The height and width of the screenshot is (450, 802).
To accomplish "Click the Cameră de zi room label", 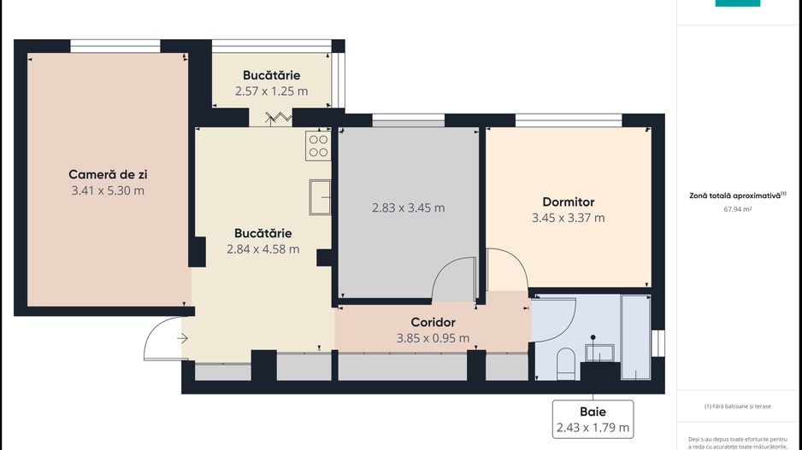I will pyautogui.click(x=108, y=174).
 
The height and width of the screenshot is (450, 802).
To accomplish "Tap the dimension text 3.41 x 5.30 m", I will pyautogui.click(x=108, y=190).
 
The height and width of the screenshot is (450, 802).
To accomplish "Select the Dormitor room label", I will pyautogui.click(x=568, y=202).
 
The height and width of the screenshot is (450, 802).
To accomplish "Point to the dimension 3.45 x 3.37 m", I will pyautogui.click(x=568, y=218).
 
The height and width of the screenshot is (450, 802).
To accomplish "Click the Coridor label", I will pyautogui.click(x=433, y=322).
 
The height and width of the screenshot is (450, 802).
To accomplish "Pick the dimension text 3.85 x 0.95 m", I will pyautogui.click(x=433, y=337).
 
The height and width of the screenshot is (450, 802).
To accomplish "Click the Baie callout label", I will pyautogui.click(x=593, y=412).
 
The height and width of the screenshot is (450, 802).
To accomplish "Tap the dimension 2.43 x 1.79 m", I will pyautogui.click(x=593, y=427).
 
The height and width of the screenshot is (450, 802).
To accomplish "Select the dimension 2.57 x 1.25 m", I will pyautogui.click(x=271, y=91).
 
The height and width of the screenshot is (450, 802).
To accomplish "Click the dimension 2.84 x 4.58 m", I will pyautogui.click(x=262, y=249).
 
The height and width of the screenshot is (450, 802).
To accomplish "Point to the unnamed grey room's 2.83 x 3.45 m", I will pyautogui.click(x=408, y=207).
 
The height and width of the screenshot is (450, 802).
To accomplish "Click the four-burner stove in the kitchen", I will pyautogui.click(x=318, y=146).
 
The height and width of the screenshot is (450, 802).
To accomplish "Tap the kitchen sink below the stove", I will pyautogui.click(x=320, y=196).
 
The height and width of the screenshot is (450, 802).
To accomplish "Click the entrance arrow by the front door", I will pyautogui.click(x=183, y=339).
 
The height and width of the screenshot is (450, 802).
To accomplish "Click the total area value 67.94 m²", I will pyautogui.click(x=737, y=207).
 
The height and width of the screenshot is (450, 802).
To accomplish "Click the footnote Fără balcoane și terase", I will pyautogui.click(x=737, y=406).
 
